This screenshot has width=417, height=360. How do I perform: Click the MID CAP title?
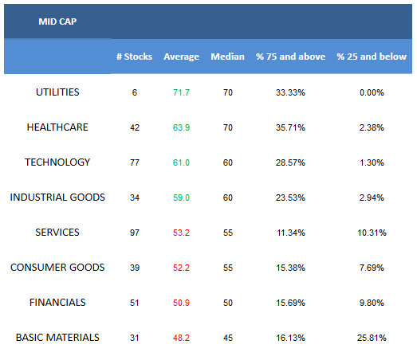coord(57,22)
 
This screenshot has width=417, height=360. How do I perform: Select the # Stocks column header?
coord(134,57)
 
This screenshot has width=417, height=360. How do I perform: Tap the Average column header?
coord(181,57)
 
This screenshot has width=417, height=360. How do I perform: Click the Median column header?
coord(228,57)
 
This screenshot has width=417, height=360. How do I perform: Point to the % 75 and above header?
coord(291,57)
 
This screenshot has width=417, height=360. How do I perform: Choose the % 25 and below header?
coord(372,57)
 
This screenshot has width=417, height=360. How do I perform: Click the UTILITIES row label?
coord(57,92)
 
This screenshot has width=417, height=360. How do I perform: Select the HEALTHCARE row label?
coord(57,127)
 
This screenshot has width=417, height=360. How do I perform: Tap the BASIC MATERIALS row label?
coord(57,338)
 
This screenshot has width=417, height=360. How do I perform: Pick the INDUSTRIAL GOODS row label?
coord(57,198)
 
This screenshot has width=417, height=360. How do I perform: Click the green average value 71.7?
coord(181,92)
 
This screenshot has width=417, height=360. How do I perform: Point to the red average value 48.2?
coord(181,338)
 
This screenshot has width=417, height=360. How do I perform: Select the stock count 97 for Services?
coord(135,233)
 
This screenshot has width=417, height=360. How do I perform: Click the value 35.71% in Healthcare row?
coord(290,127)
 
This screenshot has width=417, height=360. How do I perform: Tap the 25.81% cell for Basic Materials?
coord(372,338)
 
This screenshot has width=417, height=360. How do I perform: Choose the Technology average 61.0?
coord(181,162)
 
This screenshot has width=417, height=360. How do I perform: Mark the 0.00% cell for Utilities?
coord(372,92)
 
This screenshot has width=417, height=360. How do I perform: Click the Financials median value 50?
coord(228,303)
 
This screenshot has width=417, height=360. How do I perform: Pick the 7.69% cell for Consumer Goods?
coord(372,268)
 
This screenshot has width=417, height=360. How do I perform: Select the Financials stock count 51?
coord(135,303)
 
